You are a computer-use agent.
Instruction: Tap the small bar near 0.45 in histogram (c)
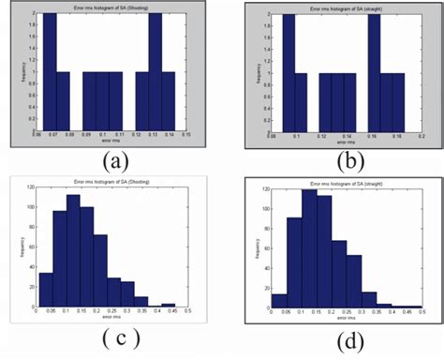[167, 305]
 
